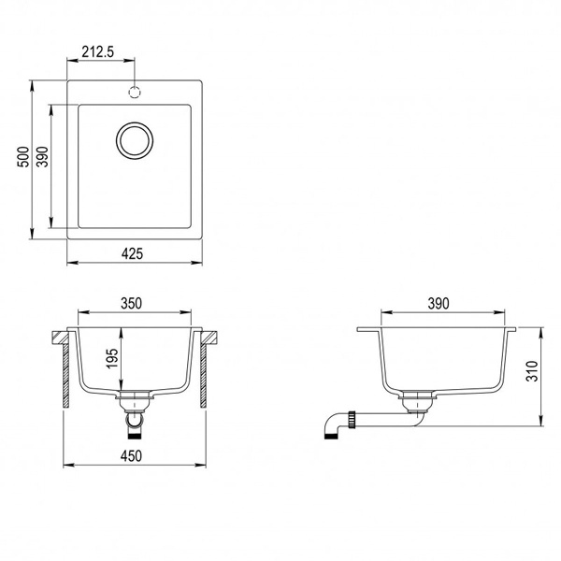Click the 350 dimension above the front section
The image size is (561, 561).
click(131, 303)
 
